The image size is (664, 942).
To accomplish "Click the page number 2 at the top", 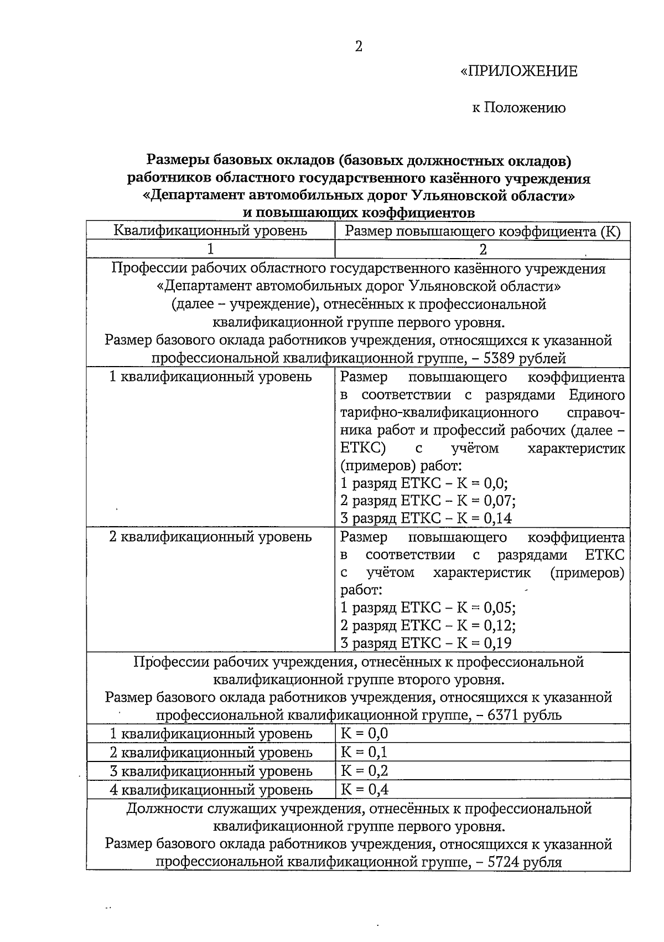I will coord(359,47).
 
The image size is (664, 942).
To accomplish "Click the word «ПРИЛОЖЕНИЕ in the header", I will coord(518,71).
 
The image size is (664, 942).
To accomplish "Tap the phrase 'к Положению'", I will coord(518,107).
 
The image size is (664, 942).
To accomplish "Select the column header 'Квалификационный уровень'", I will coord(210,230).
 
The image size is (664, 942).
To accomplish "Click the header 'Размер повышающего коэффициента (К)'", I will coord(483,231).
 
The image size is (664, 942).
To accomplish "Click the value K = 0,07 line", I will coord(428,501).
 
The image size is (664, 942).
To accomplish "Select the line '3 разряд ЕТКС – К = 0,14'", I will coord(426,518).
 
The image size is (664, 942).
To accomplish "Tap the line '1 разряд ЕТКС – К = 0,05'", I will coord(428,608).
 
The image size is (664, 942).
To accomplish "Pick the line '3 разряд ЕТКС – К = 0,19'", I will coord(426,643).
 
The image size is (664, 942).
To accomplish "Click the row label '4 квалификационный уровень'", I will coord(211,790).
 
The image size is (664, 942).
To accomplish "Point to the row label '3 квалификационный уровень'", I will coord(211,771).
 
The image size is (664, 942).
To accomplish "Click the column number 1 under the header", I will coord(210,249).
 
